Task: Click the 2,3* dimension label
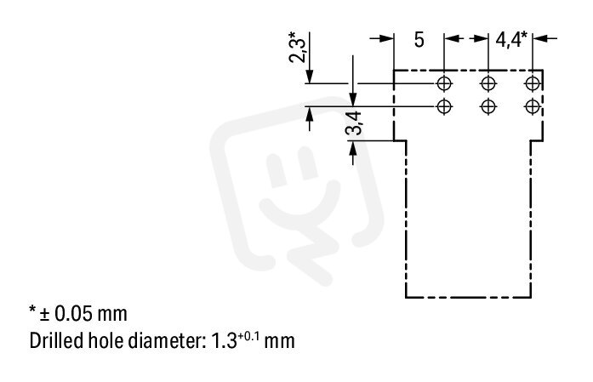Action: [x=297, y=47]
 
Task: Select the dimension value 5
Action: [x=419, y=40]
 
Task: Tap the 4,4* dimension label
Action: [x=511, y=39]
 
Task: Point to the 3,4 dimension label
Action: [x=353, y=123]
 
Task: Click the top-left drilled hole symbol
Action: [x=444, y=83]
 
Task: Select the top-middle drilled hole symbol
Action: [x=488, y=83]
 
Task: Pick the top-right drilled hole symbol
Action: [x=533, y=83]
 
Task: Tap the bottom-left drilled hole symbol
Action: [x=444, y=106]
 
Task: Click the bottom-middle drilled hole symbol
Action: [x=488, y=106]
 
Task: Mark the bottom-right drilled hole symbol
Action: [x=533, y=106]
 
